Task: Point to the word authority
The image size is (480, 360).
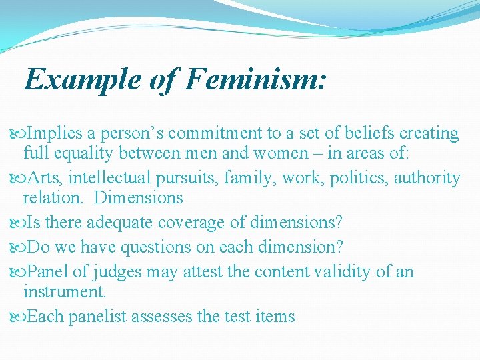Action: coord(427,178)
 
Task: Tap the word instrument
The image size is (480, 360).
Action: coord(65,292)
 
